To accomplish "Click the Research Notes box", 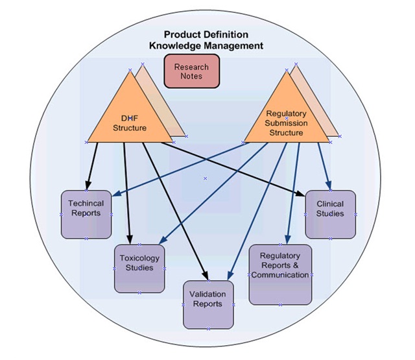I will [192, 71].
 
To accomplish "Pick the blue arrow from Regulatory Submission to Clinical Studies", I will [324, 165].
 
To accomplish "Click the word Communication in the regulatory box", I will [280, 275].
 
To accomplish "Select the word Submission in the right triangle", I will [286, 123].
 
